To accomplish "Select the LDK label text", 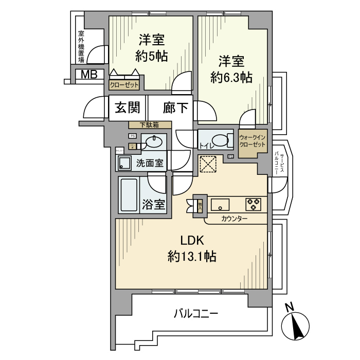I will pos(192,240).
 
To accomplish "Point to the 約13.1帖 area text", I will pos(192,256).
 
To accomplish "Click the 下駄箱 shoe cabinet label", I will pos(150,125).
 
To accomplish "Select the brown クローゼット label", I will pos(124,85).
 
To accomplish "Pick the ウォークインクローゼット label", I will pos(253,141).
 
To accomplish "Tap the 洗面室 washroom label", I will pos(150,164).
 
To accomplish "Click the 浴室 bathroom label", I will pos(153,204).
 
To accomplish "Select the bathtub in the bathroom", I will pos(129,195).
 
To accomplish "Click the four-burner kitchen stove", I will pos(253,204).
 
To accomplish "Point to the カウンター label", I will pos(235,220).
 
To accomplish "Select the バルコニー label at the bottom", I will pos(196,312).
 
